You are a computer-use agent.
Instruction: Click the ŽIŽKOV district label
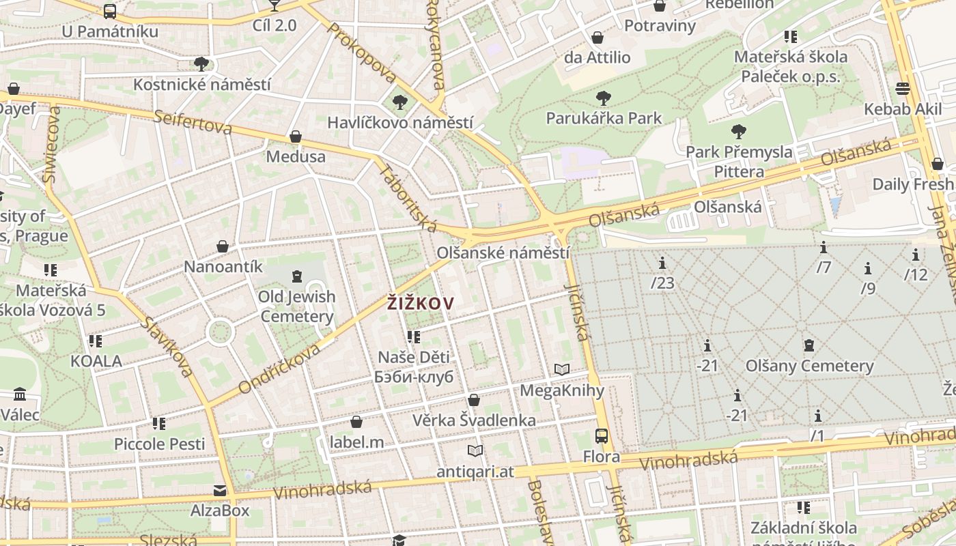[x=421, y=303]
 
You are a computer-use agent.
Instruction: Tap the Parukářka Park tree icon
[x=604, y=98]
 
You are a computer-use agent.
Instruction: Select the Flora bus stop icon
[x=602, y=435]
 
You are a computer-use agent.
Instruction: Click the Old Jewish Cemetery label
[x=297, y=306]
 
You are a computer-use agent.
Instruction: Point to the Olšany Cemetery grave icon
[x=809, y=345]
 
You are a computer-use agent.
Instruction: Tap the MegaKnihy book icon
[x=562, y=370]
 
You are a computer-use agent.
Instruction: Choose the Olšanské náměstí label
[x=503, y=253]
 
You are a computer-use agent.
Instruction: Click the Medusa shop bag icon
[x=296, y=136]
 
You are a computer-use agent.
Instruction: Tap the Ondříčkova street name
[x=279, y=369]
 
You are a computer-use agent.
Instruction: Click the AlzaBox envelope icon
[x=220, y=491]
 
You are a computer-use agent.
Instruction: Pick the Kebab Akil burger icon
[x=903, y=89]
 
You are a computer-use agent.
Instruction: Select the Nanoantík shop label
[x=223, y=266]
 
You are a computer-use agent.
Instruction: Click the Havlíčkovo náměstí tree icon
[x=399, y=103]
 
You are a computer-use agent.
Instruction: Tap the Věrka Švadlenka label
[x=474, y=420]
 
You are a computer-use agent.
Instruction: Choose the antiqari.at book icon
[x=475, y=450]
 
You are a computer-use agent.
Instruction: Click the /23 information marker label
[x=662, y=282]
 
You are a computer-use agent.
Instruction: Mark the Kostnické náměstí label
[x=202, y=85]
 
